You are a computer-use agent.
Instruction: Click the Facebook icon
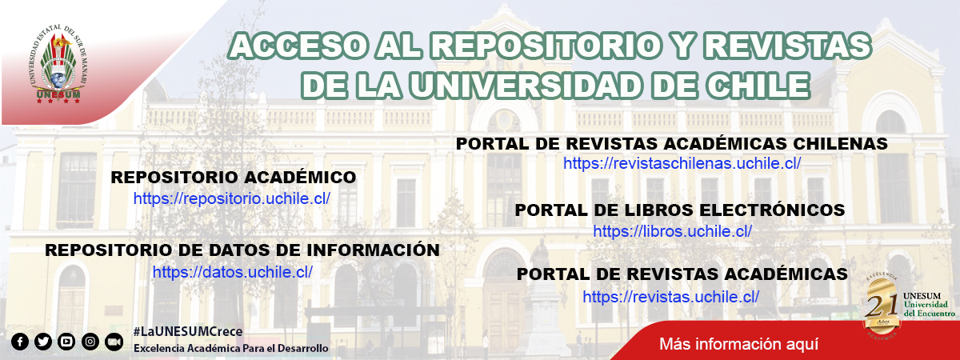point(20,342)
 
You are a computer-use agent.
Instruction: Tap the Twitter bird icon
point(43,342)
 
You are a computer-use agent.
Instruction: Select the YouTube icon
point(66,342)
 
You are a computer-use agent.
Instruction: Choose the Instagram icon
point(90,342)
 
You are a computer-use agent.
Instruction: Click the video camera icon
point(114,342)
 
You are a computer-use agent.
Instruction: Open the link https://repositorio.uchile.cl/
point(232,199)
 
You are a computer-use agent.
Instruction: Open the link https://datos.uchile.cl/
point(233,272)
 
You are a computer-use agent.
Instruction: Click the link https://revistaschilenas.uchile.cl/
point(682,163)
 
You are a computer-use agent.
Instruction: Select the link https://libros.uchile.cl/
point(673,231)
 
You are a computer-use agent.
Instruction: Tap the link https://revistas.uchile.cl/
point(670,297)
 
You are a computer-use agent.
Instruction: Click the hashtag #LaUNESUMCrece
point(188,331)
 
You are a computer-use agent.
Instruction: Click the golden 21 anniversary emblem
point(882,306)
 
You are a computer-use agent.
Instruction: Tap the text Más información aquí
point(739,344)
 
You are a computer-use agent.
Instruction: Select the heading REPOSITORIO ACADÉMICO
point(234,178)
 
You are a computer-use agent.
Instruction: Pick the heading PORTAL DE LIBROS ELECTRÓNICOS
point(680,210)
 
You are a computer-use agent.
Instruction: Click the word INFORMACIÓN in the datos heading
point(374,250)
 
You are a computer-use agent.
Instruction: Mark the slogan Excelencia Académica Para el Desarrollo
point(231,349)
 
